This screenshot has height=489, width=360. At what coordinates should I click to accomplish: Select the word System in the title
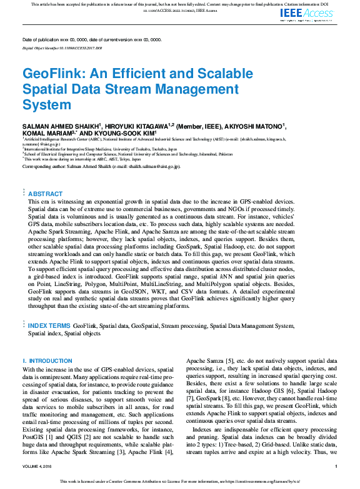click(47, 104)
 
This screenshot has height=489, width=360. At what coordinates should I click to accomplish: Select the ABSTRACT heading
click(45, 194)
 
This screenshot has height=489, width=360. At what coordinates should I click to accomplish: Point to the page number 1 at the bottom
click(336, 466)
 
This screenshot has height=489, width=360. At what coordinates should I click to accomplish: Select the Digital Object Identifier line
click(62, 47)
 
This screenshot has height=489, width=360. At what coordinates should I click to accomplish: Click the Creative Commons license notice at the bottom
click(179, 482)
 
